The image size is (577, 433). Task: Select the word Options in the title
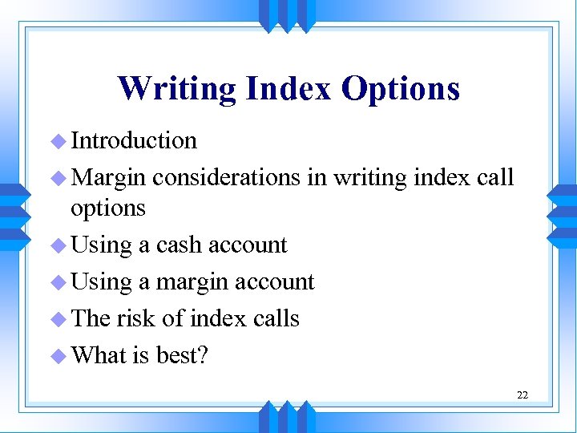(x=401, y=88)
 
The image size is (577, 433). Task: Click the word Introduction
(x=134, y=140)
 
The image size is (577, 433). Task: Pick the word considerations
(x=227, y=176)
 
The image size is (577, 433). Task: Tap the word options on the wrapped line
(x=108, y=208)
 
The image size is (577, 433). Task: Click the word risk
(x=135, y=318)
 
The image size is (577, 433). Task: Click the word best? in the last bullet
(x=181, y=354)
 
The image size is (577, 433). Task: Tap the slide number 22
(x=522, y=395)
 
